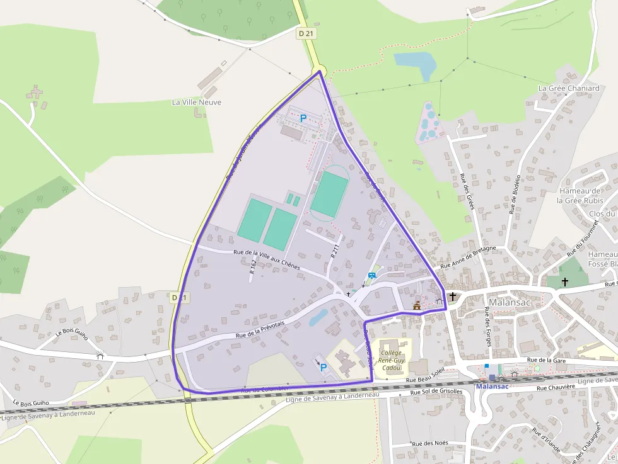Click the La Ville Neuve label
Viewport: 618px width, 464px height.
point(197,102)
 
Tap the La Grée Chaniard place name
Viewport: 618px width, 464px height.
point(568,89)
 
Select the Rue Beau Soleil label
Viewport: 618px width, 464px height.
point(426,379)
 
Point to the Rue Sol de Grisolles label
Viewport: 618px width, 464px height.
point(436,392)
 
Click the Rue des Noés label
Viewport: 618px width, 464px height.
point(430,443)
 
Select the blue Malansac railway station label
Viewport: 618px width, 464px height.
point(492,386)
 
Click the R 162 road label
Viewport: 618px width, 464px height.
point(253,267)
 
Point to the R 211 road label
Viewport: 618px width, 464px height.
point(335,251)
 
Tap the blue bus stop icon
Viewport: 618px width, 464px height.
point(371,275)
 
